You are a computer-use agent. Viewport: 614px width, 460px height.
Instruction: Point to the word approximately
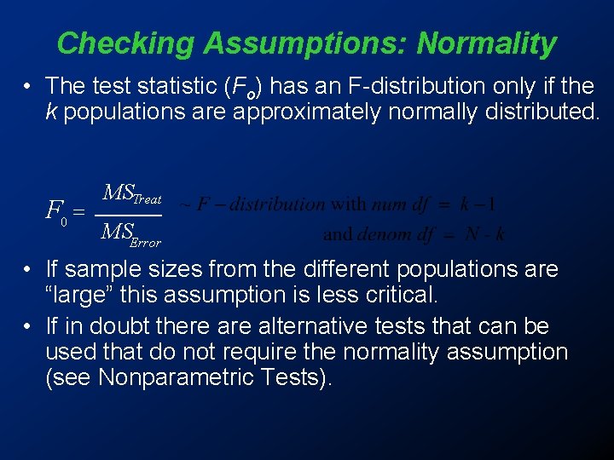(307, 112)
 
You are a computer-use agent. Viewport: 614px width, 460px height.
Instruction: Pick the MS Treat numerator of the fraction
(131, 194)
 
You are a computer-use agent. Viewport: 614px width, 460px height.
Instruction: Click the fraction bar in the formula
(128, 214)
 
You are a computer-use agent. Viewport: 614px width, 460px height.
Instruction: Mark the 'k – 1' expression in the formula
(478, 204)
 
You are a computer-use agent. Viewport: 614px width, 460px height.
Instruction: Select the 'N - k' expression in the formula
(484, 233)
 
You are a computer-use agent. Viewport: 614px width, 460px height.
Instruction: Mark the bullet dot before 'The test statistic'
(28, 86)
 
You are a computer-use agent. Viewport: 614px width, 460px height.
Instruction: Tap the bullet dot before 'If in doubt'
(28, 326)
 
